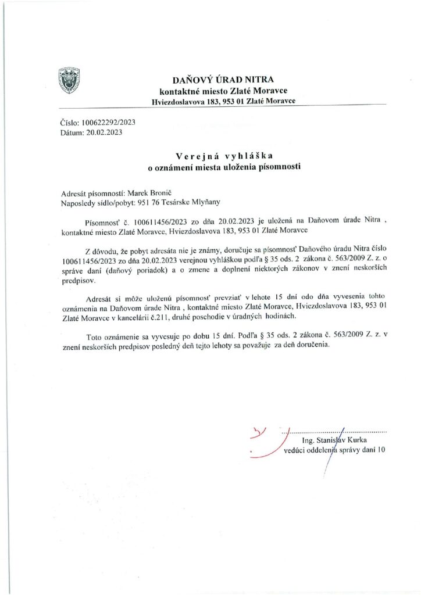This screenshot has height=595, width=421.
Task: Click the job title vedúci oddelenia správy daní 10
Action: click(x=334, y=450)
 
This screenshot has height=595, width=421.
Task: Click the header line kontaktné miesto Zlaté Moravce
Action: click(x=223, y=91)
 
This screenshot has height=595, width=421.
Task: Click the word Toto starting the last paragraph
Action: click(x=95, y=336)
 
